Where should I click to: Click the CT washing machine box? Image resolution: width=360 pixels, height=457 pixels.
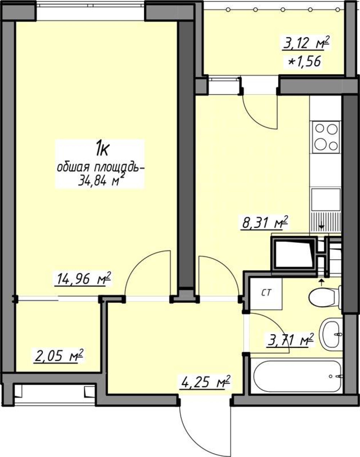266,294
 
